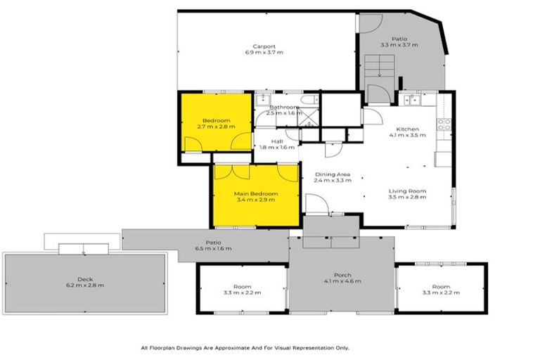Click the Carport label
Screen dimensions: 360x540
(264, 46)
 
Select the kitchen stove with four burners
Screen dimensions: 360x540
(444, 124)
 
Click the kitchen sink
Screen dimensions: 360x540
(413, 101)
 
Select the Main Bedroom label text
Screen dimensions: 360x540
(256, 193)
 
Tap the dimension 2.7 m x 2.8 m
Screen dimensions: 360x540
(216, 127)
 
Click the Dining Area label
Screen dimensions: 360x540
(332, 174)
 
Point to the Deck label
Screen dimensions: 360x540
(85, 278)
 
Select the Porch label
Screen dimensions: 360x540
(342, 274)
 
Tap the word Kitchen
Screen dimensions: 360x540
(407, 129)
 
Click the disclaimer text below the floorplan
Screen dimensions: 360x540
(245, 347)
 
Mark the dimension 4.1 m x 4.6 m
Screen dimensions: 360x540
(342, 281)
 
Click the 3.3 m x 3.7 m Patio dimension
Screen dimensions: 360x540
(399, 45)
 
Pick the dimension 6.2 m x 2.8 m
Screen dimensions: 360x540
(85, 285)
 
